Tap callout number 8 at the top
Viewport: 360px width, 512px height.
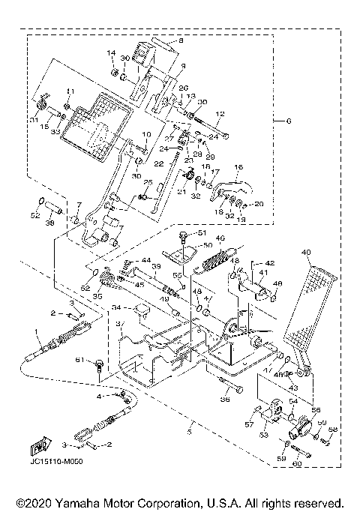coord(180,40)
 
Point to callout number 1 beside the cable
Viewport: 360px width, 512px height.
coord(35,331)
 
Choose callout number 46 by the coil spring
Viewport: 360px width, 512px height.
coord(220,239)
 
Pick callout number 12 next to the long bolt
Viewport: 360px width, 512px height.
coord(221,114)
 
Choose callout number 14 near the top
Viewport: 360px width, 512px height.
coord(111,53)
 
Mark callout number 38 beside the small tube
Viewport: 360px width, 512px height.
coord(49,223)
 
